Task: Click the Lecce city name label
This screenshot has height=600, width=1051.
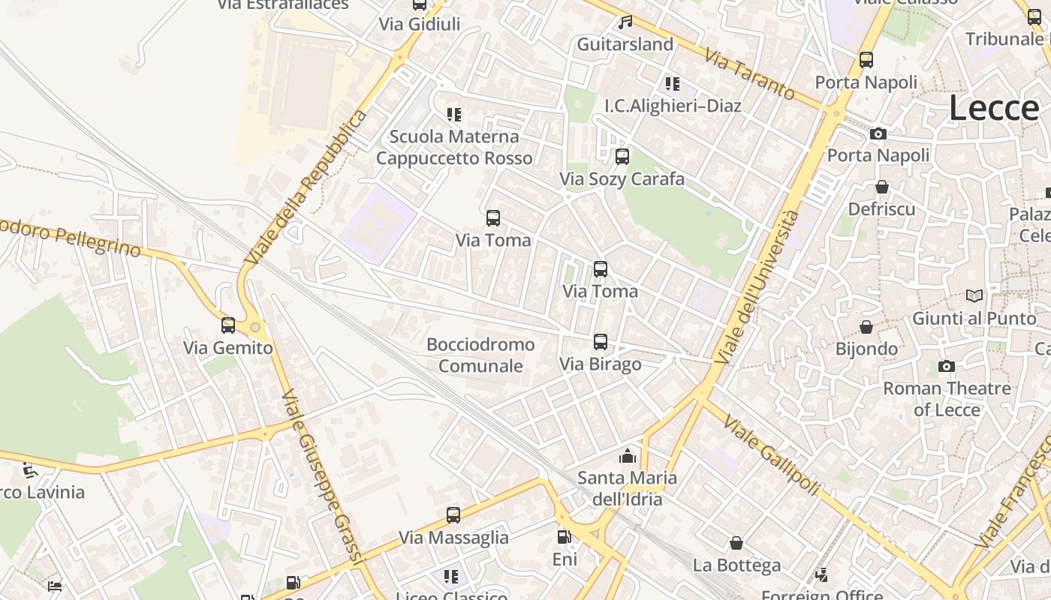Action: coord(993,108)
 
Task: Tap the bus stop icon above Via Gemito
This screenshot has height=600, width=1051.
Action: coord(228,325)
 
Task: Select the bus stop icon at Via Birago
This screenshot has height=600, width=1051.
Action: coord(601,342)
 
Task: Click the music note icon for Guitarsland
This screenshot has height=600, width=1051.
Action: coord(625,22)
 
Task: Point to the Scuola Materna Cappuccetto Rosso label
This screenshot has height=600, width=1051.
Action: coord(454,147)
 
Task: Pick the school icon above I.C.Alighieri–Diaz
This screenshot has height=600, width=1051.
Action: coord(672,83)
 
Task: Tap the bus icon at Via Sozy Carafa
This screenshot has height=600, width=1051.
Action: coord(622,157)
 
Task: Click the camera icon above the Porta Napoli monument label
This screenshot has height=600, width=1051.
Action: coord(878,133)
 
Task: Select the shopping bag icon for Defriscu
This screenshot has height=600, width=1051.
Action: coord(882,187)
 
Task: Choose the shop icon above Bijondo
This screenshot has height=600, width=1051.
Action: coord(866,327)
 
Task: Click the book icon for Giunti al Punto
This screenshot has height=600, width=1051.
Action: coord(974,296)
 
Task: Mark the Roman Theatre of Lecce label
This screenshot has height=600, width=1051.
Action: coord(947,399)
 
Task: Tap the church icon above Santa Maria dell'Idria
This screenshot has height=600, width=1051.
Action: coord(627,456)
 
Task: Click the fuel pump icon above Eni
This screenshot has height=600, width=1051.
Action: coord(565,537)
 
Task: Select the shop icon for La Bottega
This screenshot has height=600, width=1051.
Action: coord(736,543)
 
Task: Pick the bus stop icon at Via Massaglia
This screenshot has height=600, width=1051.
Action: coord(453,515)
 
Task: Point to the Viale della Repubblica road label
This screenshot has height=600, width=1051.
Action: coord(306,187)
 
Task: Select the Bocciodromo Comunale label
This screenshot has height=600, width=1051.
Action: coord(480,355)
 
